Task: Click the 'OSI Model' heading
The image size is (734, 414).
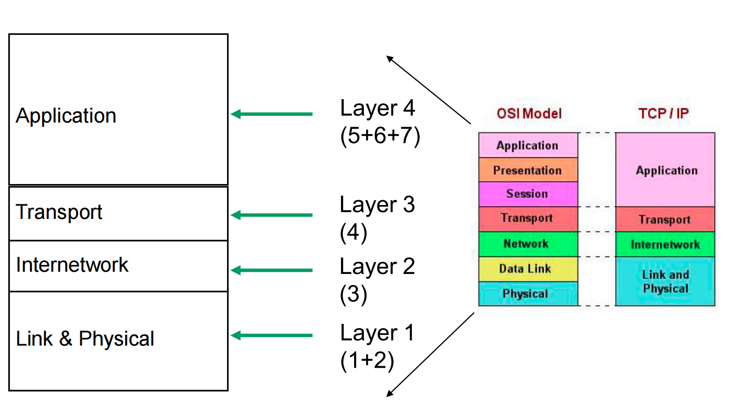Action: (529, 114)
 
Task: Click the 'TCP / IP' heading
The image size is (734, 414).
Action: (663, 114)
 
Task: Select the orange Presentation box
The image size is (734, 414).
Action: (528, 170)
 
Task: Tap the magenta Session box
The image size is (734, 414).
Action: (528, 194)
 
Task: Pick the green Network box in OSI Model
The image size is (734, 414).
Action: (528, 244)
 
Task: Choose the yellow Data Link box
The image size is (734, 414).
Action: (528, 269)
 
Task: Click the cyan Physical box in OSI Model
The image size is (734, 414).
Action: (528, 294)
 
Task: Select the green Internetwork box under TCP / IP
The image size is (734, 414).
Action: (665, 244)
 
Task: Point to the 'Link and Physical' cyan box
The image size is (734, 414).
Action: (665, 281)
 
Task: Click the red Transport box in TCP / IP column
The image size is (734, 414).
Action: (665, 219)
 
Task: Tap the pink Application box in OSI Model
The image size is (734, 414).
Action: (528, 145)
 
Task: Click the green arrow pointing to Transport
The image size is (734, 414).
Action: (271, 215)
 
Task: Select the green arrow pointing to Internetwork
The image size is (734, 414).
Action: (271, 270)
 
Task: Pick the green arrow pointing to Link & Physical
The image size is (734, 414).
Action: (271, 335)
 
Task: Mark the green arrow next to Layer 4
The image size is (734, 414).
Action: (271, 114)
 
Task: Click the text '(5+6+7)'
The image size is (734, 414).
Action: (380, 136)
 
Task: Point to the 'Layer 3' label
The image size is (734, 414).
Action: (378, 205)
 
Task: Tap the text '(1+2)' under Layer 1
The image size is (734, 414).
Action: (367, 361)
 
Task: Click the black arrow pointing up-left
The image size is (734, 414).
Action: (428, 90)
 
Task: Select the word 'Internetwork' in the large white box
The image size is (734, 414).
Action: (72, 265)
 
